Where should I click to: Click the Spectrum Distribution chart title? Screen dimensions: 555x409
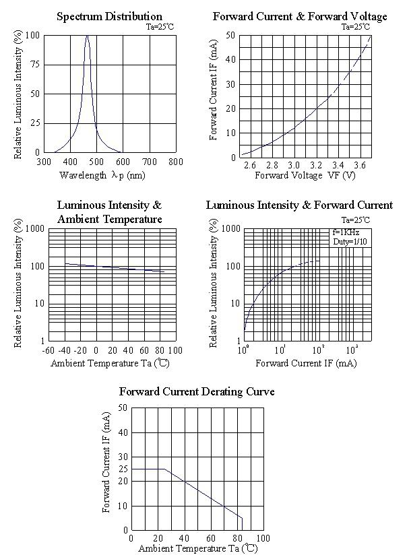coord(109,16)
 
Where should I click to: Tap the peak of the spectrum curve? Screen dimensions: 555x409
coord(87,36)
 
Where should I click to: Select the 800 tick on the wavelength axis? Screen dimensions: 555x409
coord(175,162)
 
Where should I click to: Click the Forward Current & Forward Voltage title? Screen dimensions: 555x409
coord(300,16)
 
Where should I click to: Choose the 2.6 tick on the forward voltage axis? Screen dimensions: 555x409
coord(250,165)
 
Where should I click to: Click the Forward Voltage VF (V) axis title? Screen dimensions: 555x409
coord(305,175)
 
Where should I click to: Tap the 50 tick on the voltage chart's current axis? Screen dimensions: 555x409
coord(230,35)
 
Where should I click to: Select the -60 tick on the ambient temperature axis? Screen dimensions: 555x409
coord(48,350)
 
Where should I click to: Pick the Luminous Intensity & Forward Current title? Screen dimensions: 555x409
coord(299,205)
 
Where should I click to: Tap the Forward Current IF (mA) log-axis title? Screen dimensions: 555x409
coord(306,363)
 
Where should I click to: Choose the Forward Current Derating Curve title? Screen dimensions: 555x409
coord(196,391)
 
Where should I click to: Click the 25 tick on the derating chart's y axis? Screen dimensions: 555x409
coord(122,469)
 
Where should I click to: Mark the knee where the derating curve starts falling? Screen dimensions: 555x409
coord(164,469)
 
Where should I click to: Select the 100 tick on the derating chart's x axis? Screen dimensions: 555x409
coord(262,539)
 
